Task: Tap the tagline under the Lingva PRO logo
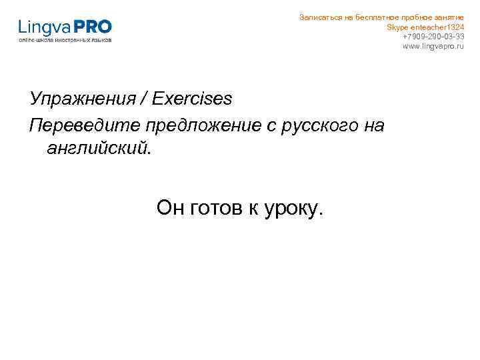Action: coord(65,40)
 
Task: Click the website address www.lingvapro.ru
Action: coord(433,46)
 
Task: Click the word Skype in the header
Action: coord(397,27)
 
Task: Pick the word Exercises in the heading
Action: coord(192,99)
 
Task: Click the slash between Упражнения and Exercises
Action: coord(143,99)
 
